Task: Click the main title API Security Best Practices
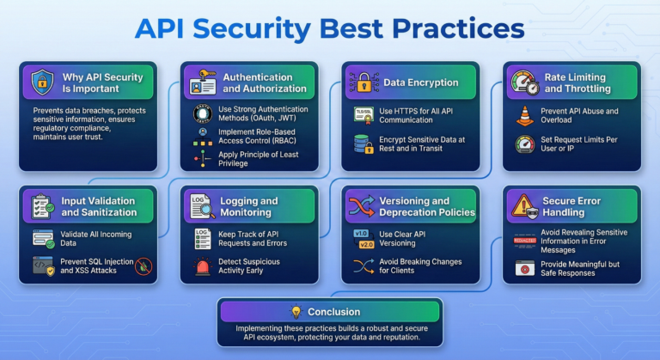(x=330, y=27)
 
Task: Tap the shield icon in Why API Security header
(x=41, y=82)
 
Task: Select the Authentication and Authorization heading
(x=265, y=82)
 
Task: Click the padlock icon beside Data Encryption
(x=362, y=82)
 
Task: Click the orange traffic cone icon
(x=523, y=115)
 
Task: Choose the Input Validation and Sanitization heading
(x=96, y=206)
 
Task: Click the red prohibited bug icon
(x=144, y=265)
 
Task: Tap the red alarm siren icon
(x=202, y=266)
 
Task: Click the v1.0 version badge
(x=361, y=234)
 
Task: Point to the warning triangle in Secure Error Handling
(x=522, y=206)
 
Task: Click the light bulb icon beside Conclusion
(x=296, y=311)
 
